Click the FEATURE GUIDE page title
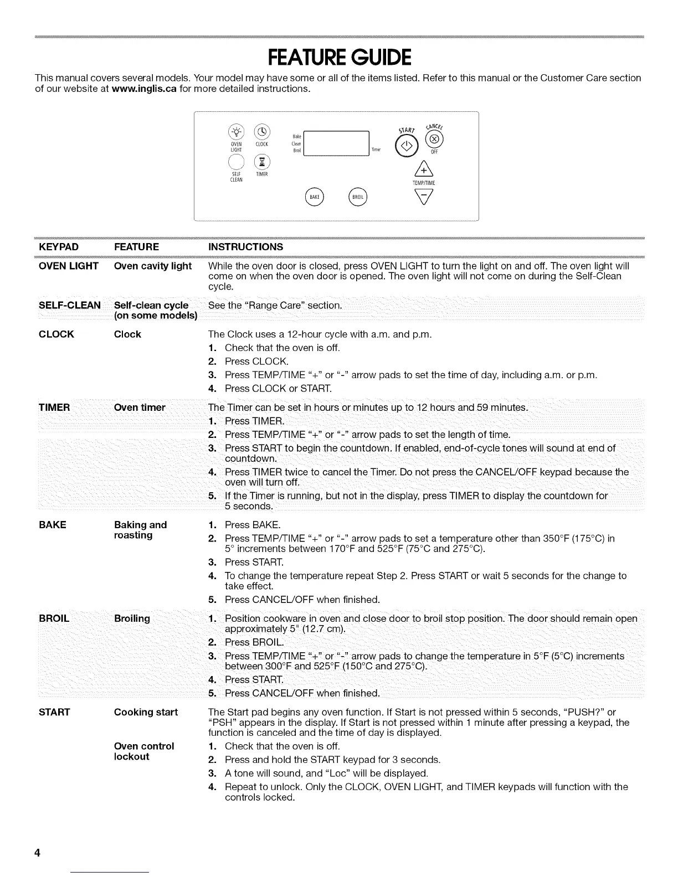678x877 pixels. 339,57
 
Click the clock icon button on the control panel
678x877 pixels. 261,132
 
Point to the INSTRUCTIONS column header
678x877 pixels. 245,247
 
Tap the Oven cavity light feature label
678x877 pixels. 152,266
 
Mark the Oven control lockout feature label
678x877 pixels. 143,751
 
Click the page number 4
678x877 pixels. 37,853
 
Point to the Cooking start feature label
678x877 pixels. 146,713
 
